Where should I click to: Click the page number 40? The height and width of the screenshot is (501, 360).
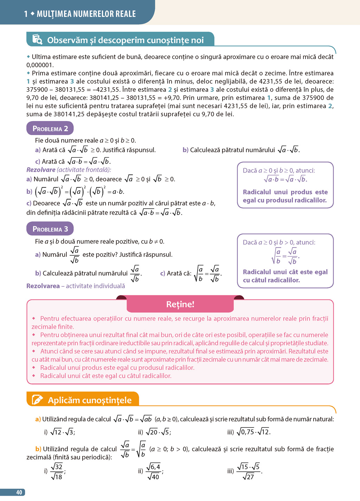19,493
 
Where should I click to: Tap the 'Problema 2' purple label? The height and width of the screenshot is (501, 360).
50,128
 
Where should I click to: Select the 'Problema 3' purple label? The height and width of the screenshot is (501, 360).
50,229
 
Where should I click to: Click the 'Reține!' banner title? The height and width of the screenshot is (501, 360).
180,304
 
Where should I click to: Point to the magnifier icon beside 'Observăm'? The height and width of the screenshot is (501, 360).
37,39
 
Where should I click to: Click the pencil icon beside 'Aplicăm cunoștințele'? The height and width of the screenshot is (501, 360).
37,400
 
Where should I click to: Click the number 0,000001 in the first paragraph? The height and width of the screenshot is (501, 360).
40,65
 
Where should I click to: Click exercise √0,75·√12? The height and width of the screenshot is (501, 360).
253,432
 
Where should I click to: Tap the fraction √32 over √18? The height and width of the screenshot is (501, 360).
57,471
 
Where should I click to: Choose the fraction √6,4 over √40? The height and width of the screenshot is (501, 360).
154,471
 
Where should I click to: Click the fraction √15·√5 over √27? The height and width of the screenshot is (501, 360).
249,471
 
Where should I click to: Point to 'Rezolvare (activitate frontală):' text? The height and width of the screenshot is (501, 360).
69,170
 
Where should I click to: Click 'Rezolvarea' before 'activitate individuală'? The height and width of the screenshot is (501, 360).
43,286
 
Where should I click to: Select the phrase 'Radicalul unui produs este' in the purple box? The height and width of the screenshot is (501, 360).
285,192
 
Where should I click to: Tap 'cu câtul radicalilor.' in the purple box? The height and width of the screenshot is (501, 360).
271,280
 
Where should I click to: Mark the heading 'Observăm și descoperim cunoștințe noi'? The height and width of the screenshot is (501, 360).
125,40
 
